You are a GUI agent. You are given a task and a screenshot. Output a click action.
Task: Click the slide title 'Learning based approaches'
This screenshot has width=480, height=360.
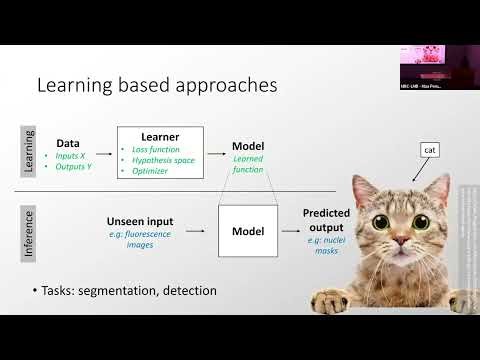tap(156, 86)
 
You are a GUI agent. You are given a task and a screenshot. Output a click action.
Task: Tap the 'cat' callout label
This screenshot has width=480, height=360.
tap(430, 150)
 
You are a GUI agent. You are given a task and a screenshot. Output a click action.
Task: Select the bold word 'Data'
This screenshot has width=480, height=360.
tap(68, 143)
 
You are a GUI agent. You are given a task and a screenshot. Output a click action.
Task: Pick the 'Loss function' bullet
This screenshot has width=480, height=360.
tap(161, 149)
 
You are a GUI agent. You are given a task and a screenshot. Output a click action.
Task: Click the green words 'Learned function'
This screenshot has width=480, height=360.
tap(247, 164)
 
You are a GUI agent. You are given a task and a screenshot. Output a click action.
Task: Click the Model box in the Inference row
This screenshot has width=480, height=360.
tap(247, 230)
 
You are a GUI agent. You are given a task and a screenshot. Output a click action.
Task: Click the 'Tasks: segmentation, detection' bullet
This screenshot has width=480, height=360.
tap(129, 291)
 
